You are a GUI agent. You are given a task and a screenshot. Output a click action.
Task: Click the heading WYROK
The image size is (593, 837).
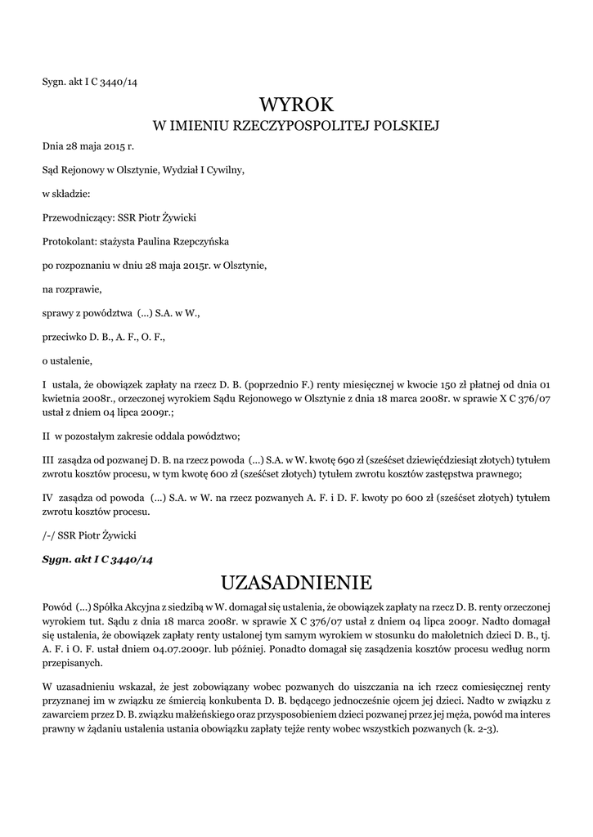(x=297, y=105)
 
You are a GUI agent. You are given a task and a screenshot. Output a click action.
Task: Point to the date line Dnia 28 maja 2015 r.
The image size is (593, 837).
(x=88, y=146)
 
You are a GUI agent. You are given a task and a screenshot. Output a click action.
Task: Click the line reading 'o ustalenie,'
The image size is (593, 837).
(x=68, y=360)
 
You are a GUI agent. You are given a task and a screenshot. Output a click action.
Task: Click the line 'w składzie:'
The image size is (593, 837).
(x=66, y=194)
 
